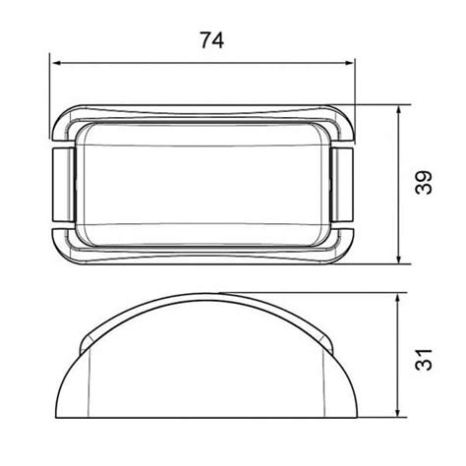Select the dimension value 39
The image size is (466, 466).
(x=425, y=184)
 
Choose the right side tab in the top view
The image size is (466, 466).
(x=345, y=184)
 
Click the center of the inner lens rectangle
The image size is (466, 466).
(x=203, y=184)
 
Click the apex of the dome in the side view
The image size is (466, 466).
(x=204, y=294)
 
